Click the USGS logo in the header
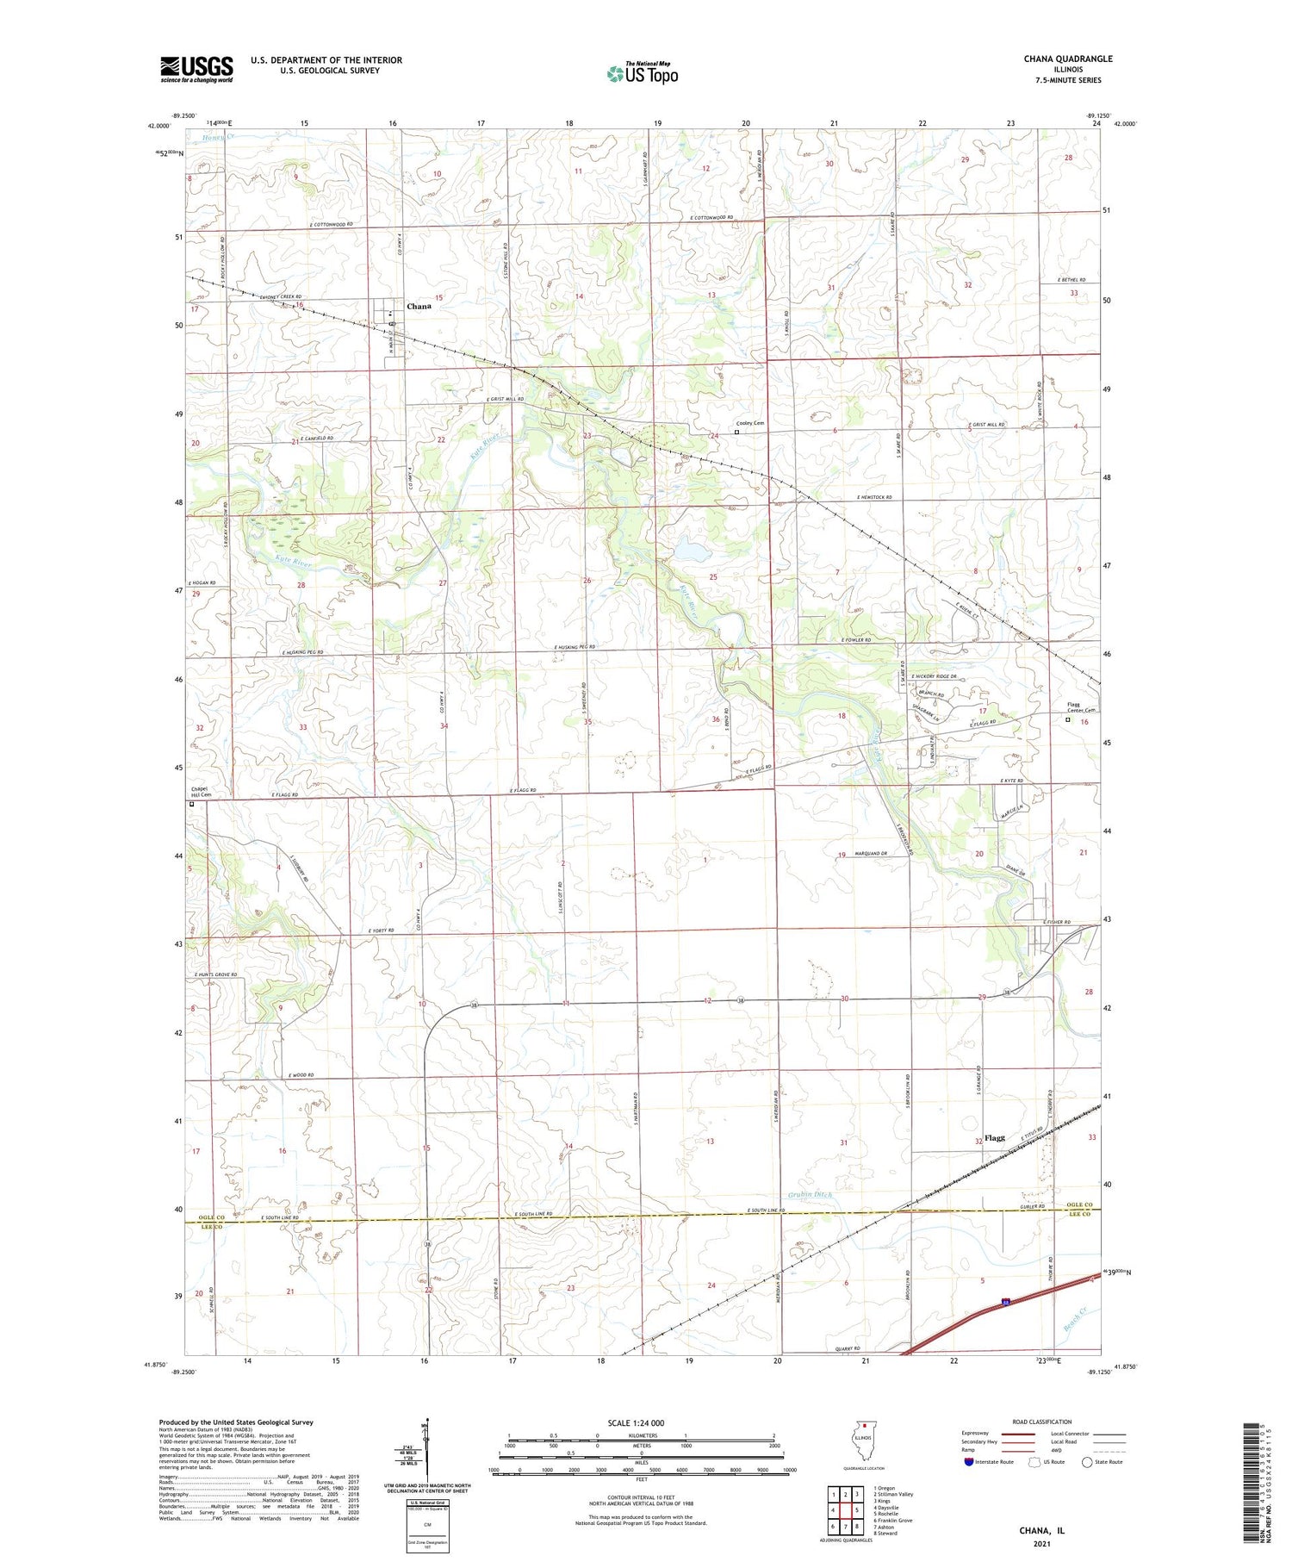point(196,69)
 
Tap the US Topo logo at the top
point(642,73)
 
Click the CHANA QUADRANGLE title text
point(1067,59)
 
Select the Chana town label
point(419,306)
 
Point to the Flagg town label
point(995,1137)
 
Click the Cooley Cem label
point(749,423)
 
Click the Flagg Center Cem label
point(1073,707)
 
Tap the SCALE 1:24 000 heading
point(636,1422)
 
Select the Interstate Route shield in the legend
point(969,1462)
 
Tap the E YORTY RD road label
point(380,930)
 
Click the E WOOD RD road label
point(301,1075)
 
